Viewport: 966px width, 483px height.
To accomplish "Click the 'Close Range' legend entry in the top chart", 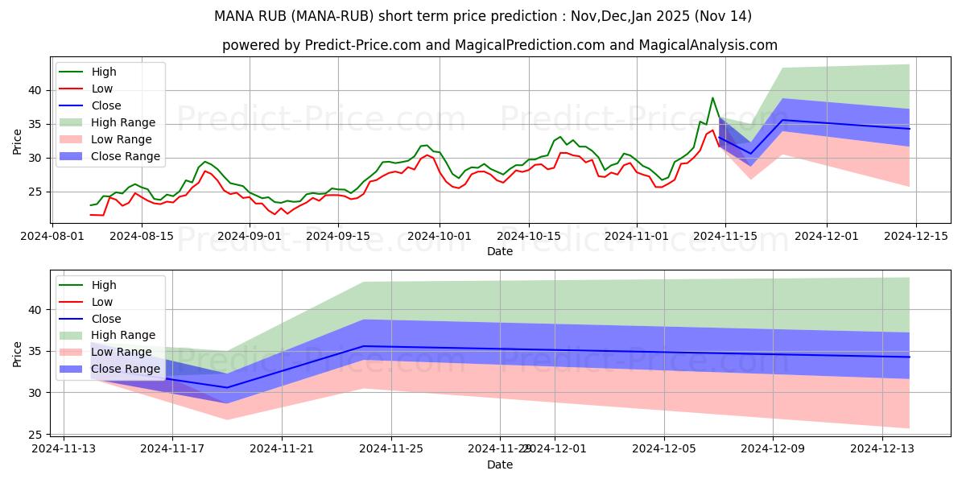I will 125,156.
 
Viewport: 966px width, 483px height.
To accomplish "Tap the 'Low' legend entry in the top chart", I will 102,89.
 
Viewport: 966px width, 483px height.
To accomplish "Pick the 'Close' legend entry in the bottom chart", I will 106,318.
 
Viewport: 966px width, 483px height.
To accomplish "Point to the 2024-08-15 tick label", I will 142,236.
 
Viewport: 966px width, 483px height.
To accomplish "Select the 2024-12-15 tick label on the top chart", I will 916,236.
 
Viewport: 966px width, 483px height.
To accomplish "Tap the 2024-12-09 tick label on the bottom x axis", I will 773,449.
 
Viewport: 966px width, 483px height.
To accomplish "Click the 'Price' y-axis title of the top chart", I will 18,142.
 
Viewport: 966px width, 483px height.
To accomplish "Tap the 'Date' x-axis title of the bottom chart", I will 500,464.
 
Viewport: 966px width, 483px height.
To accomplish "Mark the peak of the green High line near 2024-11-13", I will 712,98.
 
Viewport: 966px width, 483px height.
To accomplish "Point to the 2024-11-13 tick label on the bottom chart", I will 64,449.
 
